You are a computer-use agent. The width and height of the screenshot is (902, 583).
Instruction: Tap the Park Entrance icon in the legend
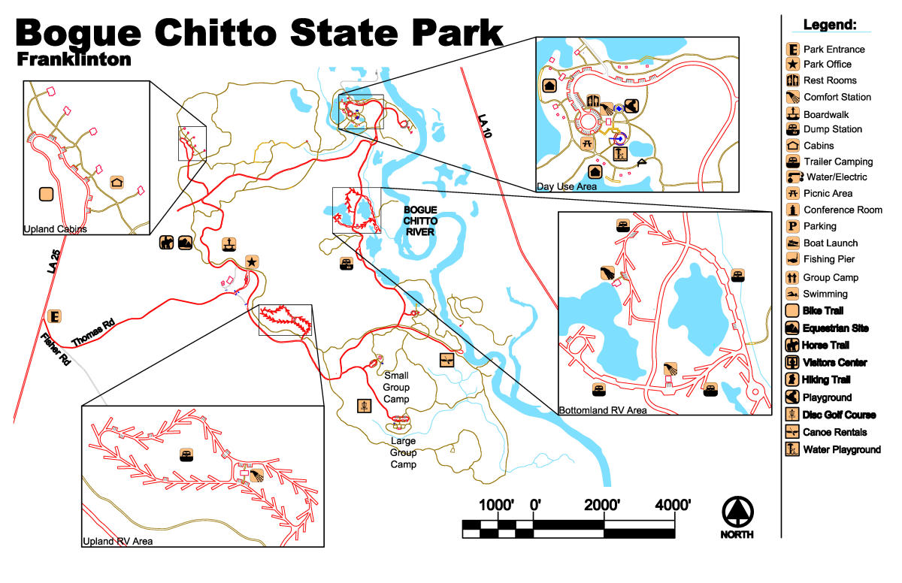point(792,49)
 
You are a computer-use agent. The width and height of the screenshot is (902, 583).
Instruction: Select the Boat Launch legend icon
point(792,243)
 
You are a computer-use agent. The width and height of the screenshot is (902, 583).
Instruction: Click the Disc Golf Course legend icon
point(792,415)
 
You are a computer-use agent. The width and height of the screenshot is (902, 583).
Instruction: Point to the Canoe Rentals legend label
point(834,432)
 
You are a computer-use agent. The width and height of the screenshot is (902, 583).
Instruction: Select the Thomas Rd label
point(93,331)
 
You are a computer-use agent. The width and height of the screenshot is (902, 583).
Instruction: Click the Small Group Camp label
point(396,387)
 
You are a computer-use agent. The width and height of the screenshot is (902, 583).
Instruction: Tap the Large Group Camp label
point(403,452)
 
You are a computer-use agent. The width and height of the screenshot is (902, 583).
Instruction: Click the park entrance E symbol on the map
point(54,316)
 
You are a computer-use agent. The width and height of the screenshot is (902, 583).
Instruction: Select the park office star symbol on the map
point(252,261)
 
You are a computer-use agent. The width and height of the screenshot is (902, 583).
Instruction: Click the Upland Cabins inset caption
point(56,229)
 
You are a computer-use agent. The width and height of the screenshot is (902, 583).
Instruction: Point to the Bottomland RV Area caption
point(602,410)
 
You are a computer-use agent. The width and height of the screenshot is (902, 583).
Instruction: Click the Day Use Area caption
point(567,186)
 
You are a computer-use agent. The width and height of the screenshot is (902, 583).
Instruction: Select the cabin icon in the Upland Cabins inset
point(117,182)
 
